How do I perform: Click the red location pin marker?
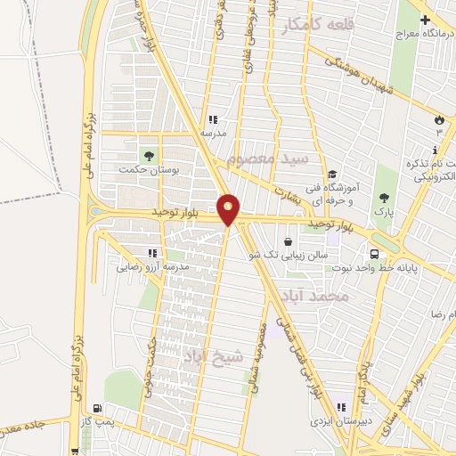click(x=229, y=208)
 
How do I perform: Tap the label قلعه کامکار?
click(x=317, y=26)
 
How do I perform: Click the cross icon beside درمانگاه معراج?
click(x=425, y=20)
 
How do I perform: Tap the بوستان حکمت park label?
click(x=148, y=168)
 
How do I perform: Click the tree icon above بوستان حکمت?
click(x=148, y=154)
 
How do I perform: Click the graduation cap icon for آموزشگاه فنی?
click(x=332, y=175)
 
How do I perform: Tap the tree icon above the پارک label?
click(x=384, y=198)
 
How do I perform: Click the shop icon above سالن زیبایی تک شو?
click(x=289, y=241)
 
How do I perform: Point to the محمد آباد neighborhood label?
click(x=311, y=296)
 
